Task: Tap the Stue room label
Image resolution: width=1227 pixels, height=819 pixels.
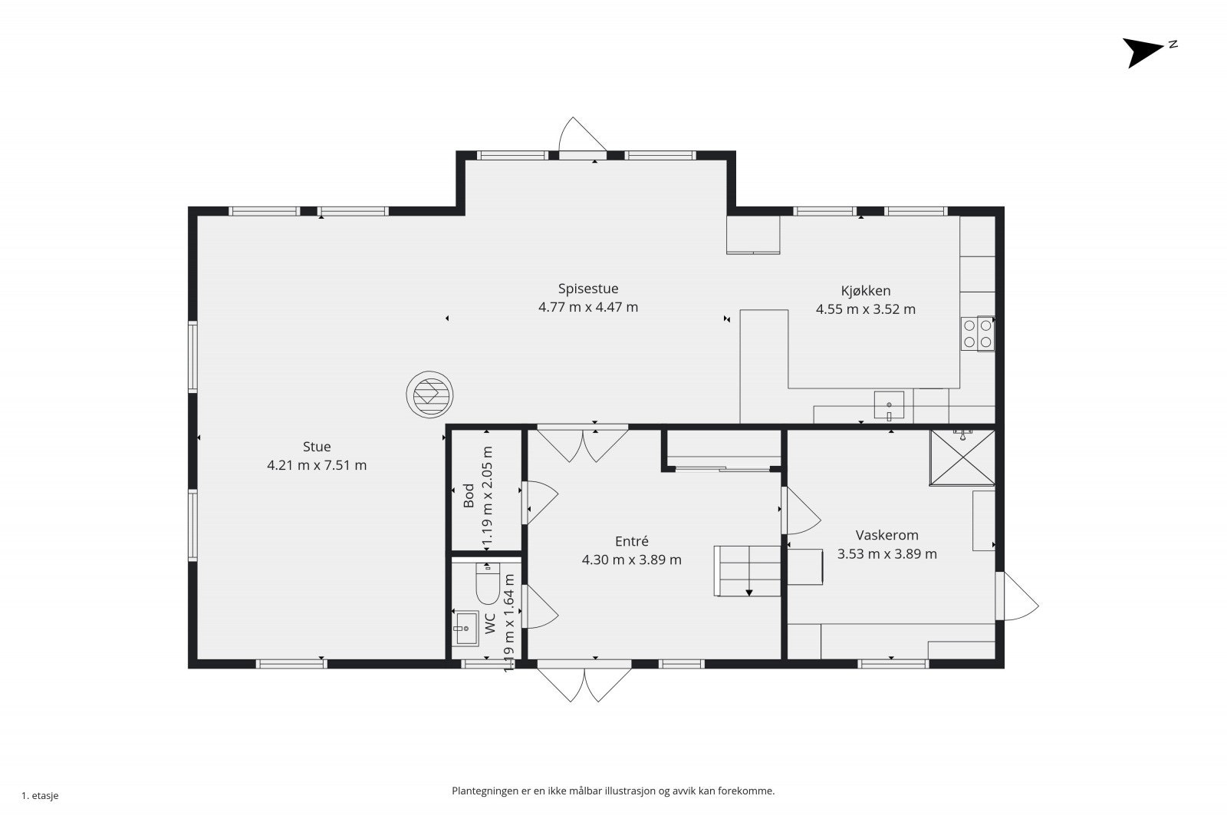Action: (317, 447)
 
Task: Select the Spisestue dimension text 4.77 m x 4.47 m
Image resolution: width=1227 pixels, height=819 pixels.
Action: (587, 307)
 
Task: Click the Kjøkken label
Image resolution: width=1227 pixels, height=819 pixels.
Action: (866, 291)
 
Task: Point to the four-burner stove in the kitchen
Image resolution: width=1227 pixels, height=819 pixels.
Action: (978, 333)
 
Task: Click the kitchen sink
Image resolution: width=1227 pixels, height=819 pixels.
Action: (889, 406)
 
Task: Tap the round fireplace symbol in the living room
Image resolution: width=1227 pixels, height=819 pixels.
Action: (430, 395)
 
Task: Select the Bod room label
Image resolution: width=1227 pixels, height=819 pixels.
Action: (469, 495)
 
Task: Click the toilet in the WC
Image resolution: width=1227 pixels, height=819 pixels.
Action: (487, 583)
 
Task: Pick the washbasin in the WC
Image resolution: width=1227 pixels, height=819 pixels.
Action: (465, 628)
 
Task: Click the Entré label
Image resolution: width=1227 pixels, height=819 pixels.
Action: (632, 542)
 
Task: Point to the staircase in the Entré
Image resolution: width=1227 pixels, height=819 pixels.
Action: (747, 570)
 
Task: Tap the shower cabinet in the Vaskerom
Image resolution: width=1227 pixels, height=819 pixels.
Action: (962, 458)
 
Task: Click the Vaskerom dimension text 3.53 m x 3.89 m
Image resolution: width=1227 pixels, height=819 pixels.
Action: (887, 554)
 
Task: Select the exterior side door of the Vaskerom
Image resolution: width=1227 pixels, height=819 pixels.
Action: (1017, 596)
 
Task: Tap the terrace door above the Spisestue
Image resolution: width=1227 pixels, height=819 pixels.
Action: (582, 137)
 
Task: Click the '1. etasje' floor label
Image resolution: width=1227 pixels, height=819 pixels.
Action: (40, 795)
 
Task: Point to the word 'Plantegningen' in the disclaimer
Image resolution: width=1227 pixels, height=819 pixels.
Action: (484, 791)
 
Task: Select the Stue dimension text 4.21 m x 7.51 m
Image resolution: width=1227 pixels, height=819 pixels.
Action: (317, 465)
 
